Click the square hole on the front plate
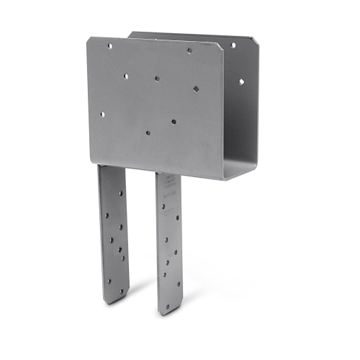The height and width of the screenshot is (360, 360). pyautogui.click(x=195, y=89)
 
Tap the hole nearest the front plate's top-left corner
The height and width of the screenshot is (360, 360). pyautogui.click(x=109, y=45)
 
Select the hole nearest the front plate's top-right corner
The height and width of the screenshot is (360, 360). pyautogui.click(x=189, y=51)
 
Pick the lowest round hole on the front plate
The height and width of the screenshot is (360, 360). pyautogui.click(x=148, y=132)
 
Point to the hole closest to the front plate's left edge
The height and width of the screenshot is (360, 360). pyautogui.click(x=102, y=113)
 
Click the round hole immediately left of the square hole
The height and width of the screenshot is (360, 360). pyautogui.click(x=157, y=78)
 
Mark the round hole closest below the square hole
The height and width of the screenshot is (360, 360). pyautogui.click(x=174, y=121)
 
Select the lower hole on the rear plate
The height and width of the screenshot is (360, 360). pyautogui.click(x=241, y=81)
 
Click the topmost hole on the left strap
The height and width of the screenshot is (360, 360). pyautogui.click(x=107, y=194)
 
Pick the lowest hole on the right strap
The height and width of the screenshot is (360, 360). pyautogui.click(x=168, y=304)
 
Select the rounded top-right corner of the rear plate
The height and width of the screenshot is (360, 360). pyautogui.click(x=253, y=37)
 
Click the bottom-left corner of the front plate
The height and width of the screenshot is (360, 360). pyautogui.click(x=94, y=163)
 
